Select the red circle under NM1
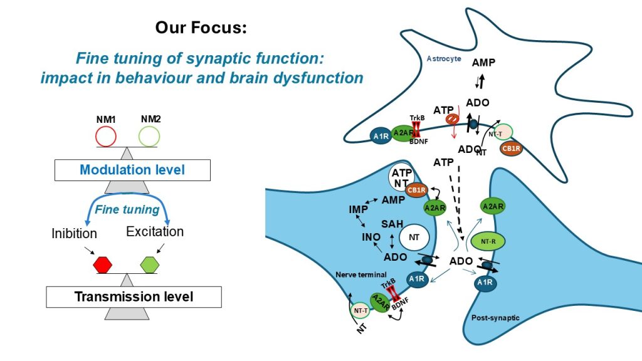pos(105,136)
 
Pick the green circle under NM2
pos(149,136)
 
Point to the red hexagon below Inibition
pos(102,264)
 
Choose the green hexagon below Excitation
pos(150,264)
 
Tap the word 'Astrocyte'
pos(443,59)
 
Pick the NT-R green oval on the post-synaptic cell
pos(493,240)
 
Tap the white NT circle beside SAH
pos(414,237)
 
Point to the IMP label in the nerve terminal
pos(359,209)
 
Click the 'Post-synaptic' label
pos(495,318)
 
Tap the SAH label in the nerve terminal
pos(392,224)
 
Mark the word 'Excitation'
pos(155,232)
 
